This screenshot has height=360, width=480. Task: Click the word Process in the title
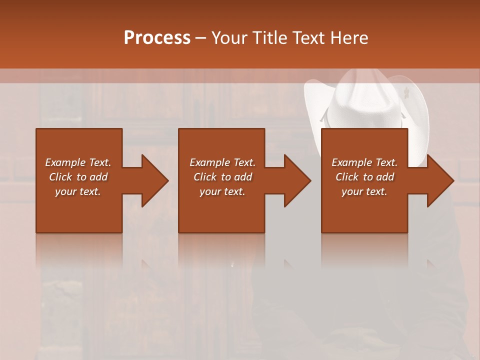pyautogui.click(x=157, y=38)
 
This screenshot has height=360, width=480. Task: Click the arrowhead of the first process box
pyautogui.click(x=155, y=180)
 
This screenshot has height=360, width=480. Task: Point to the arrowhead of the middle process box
pyautogui.click(x=298, y=180)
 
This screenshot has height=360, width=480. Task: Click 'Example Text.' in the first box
pyautogui.click(x=78, y=162)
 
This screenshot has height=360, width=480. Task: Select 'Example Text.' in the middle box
pyautogui.click(x=222, y=162)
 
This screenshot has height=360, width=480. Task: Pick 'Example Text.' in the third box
pyautogui.click(x=364, y=162)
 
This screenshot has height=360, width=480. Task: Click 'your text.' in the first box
pyautogui.click(x=78, y=191)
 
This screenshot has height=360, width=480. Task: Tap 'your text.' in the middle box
pyautogui.click(x=222, y=191)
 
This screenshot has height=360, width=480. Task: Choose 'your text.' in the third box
pyautogui.click(x=364, y=191)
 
